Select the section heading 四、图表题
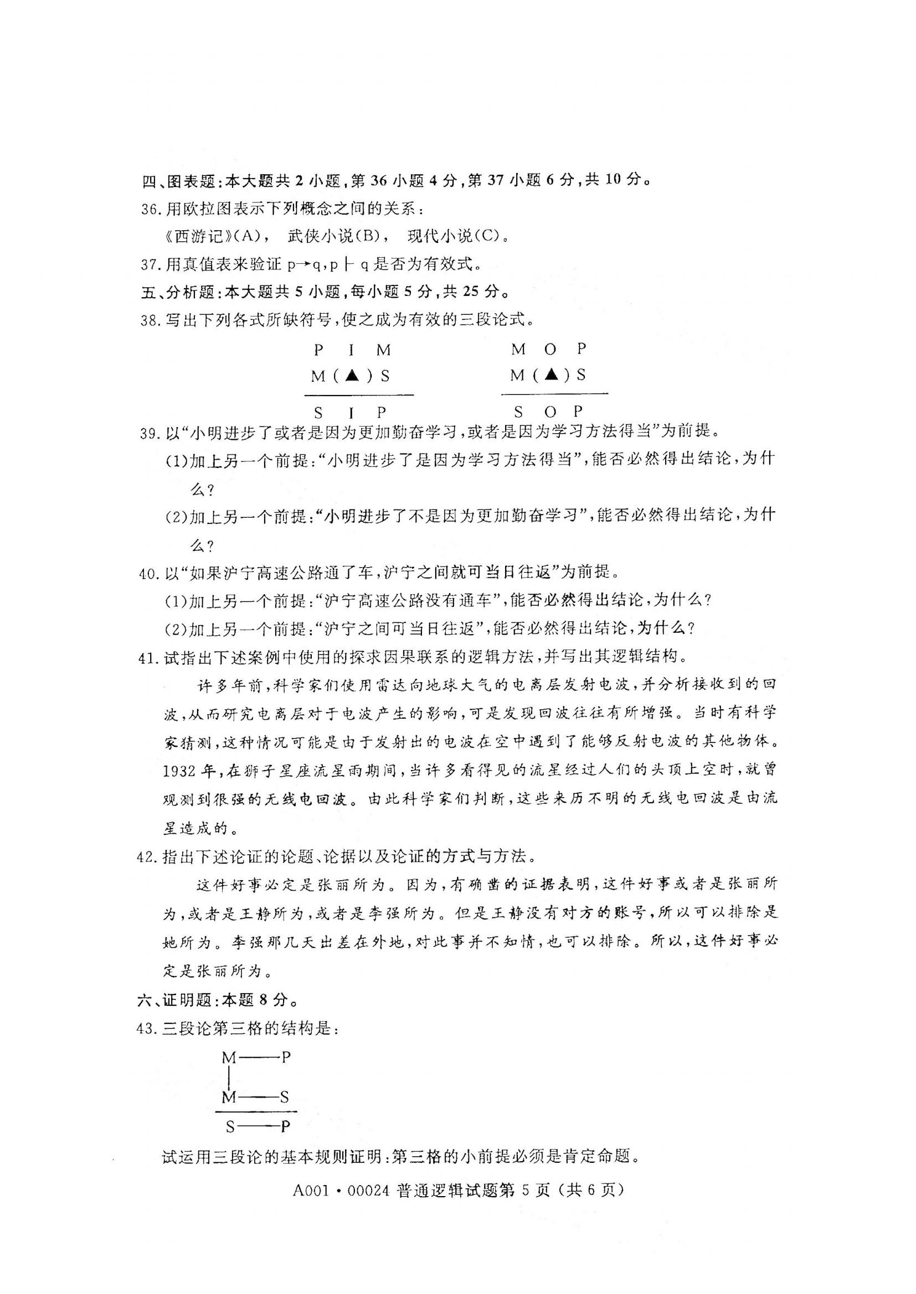[x=178, y=181]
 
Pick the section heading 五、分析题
[x=177, y=292]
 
